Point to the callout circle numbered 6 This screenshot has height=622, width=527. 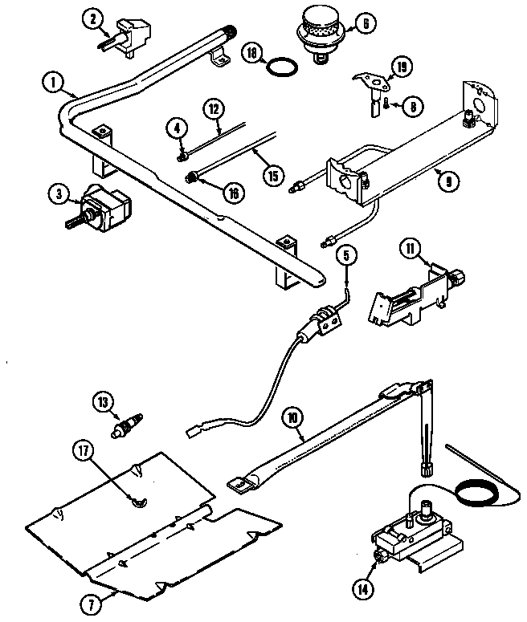tap(364, 24)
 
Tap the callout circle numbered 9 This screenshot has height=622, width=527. tap(448, 181)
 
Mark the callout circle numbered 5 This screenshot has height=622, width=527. tap(345, 256)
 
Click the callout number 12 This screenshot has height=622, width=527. tap(213, 108)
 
